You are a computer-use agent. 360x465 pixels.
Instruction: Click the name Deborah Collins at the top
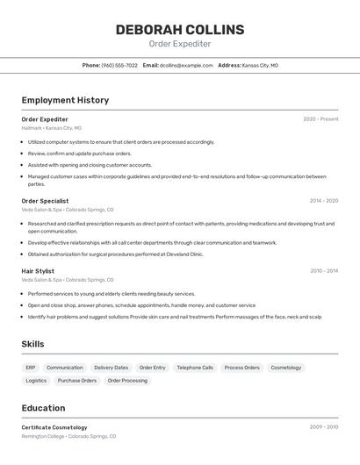tap(179, 29)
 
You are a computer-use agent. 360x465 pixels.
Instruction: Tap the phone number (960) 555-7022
tap(119, 65)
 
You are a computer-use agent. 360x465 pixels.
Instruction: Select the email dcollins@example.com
tap(186, 65)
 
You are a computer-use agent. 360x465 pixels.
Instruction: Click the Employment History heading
tap(65, 100)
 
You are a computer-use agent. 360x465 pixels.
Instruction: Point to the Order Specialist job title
tap(45, 201)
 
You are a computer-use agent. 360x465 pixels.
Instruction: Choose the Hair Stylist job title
tap(38, 271)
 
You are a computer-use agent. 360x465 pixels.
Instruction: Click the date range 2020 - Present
tap(320, 119)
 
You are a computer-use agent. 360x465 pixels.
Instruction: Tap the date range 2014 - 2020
tap(323, 201)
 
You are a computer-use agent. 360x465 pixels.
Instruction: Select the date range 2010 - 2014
tap(323, 271)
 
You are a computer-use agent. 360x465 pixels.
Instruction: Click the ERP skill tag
tap(31, 368)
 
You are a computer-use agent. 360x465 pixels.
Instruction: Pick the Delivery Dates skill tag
tap(111, 368)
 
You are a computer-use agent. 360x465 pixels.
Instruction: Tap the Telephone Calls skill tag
tap(195, 368)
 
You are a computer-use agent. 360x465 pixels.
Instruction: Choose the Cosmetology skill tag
tap(285, 368)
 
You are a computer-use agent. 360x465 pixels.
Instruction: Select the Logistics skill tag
tap(36, 381)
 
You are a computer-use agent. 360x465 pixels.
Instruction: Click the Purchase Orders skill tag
tap(77, 381)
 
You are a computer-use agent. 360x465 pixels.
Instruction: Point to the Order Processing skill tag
tap(127, 381)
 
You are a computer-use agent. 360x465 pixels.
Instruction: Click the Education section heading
tap(43, 408)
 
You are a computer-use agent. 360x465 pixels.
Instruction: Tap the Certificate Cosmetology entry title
tap(54, 427)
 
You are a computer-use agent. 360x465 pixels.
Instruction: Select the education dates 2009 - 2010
tap(323, 427)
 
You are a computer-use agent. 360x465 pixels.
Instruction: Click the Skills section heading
tap(32, 344)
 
